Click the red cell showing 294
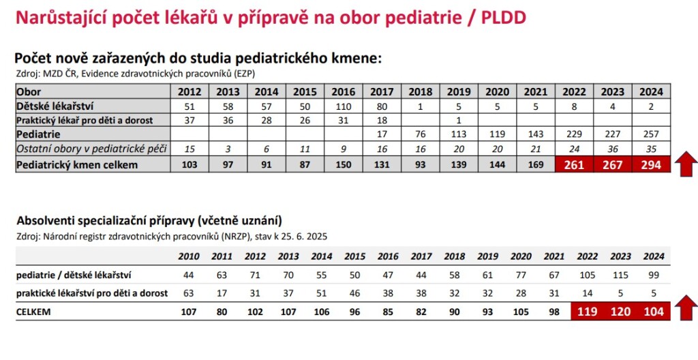tap(651, 165)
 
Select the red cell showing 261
tap(574, 165)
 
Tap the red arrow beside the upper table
tap(686, 164)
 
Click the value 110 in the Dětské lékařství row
tap(344, 106)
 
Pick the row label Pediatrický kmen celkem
tap(77, 165)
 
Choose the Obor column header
tap(29, 92)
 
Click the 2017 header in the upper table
tap(382, 92)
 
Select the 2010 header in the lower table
tap(189, 256)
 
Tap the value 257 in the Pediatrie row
tap(651, 134)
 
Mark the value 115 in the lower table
tap(620, 275)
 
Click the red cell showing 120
tap(620, 312)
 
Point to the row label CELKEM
tap(33, 312)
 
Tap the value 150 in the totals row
tap(344, 165)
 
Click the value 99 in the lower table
tap(654, 275)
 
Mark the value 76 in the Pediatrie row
tap(420, 134)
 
